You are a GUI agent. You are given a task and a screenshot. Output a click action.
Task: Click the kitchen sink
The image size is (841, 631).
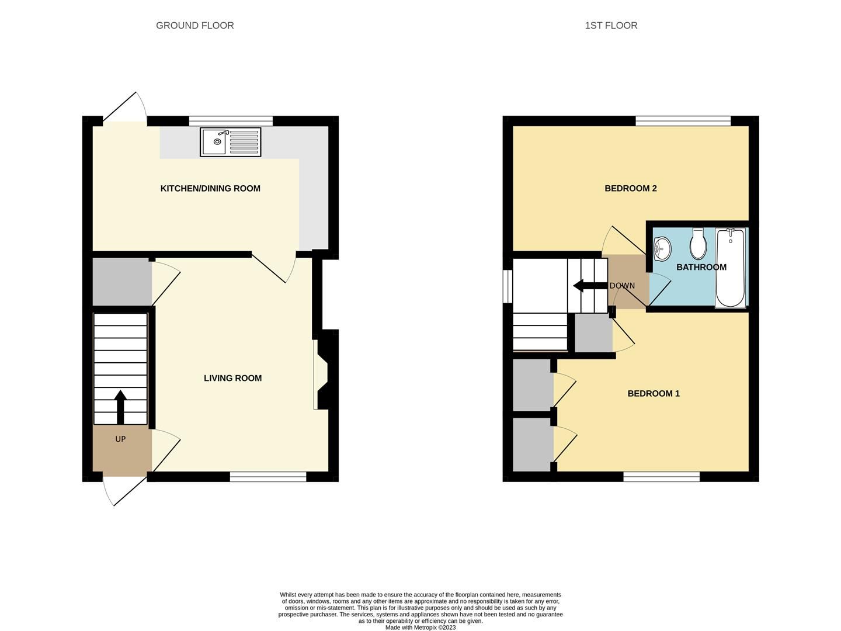click(x=231, y=142)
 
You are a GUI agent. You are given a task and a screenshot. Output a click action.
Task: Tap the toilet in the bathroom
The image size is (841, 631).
click(x=698, y=244)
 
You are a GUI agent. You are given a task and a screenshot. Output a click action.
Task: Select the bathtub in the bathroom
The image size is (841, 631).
click(x=730, y=268)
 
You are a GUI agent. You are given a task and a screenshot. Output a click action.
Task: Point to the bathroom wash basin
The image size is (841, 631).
click(x=662, y=249)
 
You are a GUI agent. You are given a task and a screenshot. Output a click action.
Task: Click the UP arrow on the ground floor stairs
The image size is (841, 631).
click(x=120, y=407)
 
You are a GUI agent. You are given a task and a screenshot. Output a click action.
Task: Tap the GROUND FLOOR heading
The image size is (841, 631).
click(x=194, y=26)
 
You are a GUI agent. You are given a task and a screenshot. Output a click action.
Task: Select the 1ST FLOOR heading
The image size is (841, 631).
click(x=611, y=26)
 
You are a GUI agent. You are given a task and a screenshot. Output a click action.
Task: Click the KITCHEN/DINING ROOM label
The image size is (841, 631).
click(x=210, y=188)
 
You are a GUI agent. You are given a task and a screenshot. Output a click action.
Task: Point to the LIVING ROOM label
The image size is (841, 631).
click(x=232, y=378)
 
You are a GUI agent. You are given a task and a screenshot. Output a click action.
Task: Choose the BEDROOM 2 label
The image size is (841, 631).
click(x=630, y=188)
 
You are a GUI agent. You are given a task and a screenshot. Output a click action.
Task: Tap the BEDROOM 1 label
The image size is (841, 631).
click(x=654, y=393)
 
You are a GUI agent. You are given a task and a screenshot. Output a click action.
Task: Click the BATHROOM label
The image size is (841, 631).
click(x=701, y=267)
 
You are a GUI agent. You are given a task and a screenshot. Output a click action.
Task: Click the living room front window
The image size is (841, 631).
click(x=267, y=477)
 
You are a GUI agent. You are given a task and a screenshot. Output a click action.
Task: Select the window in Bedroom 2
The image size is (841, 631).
click(x=683, y=121)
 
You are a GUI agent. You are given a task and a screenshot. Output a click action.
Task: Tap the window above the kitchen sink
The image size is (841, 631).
click(x=231, y=121)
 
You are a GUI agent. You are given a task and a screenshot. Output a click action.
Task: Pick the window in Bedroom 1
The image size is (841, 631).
click(x=661, y=477)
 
